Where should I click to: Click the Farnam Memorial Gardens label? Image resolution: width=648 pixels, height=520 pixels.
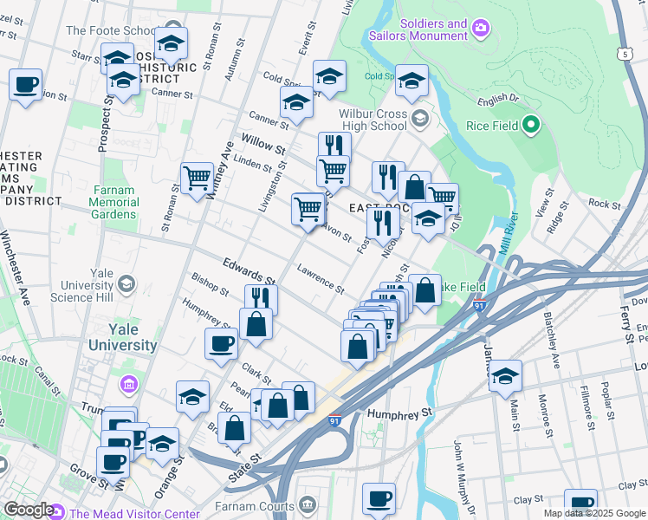coord(113,202)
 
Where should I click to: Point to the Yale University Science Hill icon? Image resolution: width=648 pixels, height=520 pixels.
coord(127,284)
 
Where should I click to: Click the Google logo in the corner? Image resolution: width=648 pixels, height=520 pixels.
coord(28,510)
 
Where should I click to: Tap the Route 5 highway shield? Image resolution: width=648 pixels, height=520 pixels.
coord(624,54)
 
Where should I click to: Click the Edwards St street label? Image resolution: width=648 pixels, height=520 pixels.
coord(248,270)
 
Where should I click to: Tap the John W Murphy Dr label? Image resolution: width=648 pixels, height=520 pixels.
coord(458,472)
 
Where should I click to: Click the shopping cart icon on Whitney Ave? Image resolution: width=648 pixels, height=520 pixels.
coord(198,178)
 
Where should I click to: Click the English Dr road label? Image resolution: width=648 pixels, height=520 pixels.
coord(497,101)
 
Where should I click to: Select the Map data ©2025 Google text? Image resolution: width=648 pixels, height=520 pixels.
coord(593,513)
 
